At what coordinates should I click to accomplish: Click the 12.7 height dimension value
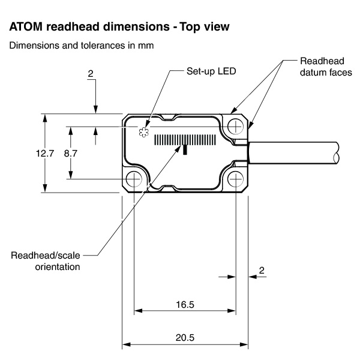(45, 153)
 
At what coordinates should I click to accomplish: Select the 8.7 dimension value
(71, 153)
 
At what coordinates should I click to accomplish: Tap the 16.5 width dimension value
(185, 304)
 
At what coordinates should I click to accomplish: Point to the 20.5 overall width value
(185, 338)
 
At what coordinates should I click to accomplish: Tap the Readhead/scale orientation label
(46, 260)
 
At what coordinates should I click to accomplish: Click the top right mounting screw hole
(236, 126)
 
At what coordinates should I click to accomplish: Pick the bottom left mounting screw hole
(134, 178)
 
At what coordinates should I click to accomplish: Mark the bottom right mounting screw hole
(236, 178)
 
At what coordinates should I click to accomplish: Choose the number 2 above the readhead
(91, 74)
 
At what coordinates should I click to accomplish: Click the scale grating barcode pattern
(186, 140)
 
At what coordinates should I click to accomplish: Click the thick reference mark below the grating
(185, 149)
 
